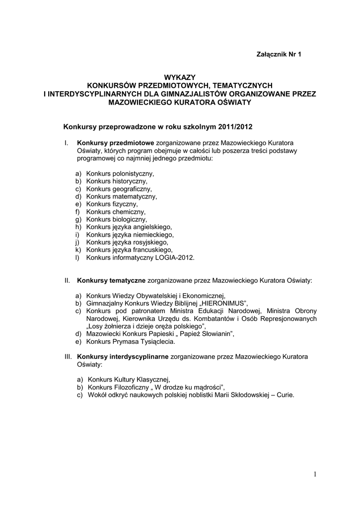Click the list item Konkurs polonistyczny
120,174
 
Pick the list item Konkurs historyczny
116,182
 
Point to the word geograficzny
133,189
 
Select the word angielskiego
151,227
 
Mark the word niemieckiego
152,234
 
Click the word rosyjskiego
149,242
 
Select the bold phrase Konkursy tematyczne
111,280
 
